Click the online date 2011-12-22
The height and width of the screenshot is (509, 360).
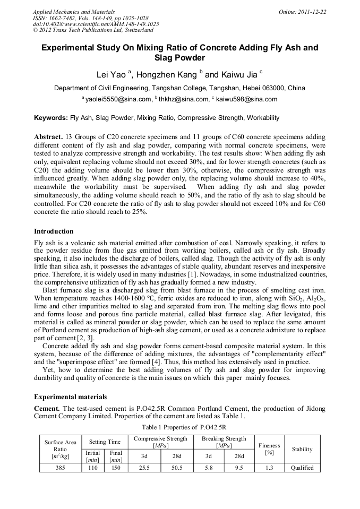(x=310, y=12)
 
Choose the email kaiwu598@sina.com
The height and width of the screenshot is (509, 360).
(x=246, y=99)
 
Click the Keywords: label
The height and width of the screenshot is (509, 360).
(x=51, y=117)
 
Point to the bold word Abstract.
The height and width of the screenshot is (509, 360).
(x=48, y=137)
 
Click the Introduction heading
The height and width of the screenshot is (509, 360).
(x=54, y=231)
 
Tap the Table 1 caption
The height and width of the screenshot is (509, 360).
(x=179, y=427)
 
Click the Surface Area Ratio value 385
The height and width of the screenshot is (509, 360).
(x=60, y=468)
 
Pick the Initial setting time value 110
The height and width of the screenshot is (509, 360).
(x=93, y=468)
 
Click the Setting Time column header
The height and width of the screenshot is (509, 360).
(x=105, y=442)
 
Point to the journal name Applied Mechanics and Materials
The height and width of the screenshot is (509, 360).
(x=74, y=12)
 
